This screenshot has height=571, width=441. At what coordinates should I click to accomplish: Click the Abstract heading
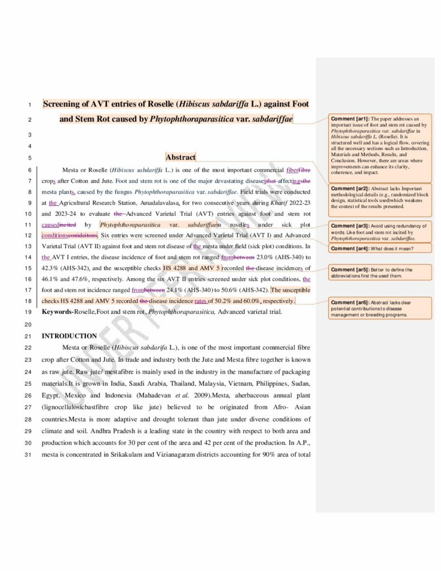click(x=181, y=157)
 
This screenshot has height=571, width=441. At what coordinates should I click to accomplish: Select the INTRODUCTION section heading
click(x=69, y=336)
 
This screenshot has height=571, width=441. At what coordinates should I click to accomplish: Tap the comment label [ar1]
click(x=348, y=119)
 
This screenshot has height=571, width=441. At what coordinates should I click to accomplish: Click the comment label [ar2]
click(x=348, y=188)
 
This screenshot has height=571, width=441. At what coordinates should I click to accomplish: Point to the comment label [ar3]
click(x=348, y=226)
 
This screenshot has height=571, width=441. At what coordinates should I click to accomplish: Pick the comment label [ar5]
click(x=348, y=269)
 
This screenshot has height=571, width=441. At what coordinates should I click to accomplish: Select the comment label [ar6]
click(x=348, y=301)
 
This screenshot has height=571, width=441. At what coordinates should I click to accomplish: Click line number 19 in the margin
click(x=28, y=312)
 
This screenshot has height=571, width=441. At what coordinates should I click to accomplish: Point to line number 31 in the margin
click(x=28, y=455)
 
